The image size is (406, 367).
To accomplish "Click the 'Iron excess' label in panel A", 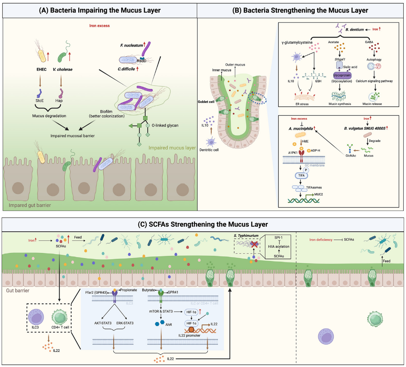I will (x=99, y=26).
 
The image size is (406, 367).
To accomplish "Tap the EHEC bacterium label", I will (x=42, y=69).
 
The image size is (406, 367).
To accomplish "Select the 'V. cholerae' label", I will (x=62, y=69).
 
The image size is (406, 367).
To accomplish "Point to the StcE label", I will (x=40, y=101).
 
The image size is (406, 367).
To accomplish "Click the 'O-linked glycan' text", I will (x=165, y=125).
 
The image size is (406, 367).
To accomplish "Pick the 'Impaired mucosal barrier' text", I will (x=72, y=136).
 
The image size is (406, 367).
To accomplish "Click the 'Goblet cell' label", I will (x=206, y=102).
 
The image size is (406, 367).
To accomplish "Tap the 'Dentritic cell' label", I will (x=209, y=150).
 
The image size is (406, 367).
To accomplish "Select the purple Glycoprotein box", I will (x=342, y=75).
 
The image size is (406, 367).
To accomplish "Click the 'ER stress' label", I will (x=302, y=104).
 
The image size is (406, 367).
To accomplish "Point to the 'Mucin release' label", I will (x=372, y=104).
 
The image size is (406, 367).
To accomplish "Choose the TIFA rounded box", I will (x=301, y=175).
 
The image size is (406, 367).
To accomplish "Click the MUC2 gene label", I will (x=318, y=194).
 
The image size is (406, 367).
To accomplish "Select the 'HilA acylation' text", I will (x=279, y=246).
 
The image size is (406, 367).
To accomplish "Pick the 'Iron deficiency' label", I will (x=321, y=240).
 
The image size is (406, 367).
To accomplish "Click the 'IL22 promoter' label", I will (x=189, y=336).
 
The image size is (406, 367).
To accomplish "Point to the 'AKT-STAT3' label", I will (x=103, y=323).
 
